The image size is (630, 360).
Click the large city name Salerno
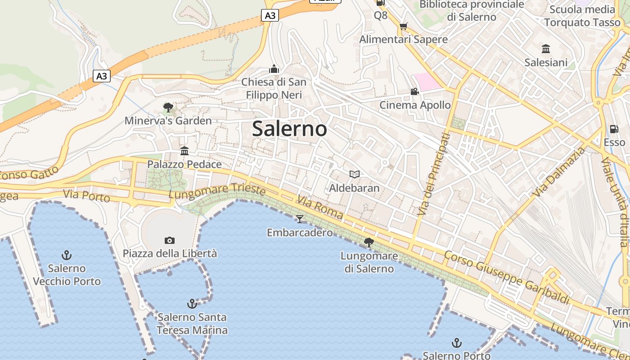(289, 129)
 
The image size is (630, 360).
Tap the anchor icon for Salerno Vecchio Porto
(67, 256)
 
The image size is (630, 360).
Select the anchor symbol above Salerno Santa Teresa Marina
(192, 304)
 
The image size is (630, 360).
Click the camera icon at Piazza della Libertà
(170, 240)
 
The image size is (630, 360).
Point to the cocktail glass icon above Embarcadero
(300, 219)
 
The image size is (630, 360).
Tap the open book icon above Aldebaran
(355, 174)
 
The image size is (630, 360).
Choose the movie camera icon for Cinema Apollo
(414, 92)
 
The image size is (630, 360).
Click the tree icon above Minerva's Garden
(168, 107)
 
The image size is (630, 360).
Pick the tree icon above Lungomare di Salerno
(369, 243)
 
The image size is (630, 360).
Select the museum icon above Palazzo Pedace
(184, 151)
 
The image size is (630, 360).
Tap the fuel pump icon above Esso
(614, 129)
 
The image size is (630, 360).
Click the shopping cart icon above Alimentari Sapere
(403, 26)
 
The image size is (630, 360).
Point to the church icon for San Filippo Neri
(274, 69)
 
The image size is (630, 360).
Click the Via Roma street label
(320, 207)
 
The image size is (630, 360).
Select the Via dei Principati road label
(433, 174)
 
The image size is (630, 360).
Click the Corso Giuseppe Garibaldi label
(507, 278)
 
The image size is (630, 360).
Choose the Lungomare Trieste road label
(217, 191)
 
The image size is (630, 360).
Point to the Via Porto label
(86, 196)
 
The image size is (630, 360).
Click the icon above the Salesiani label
(546, 49)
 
